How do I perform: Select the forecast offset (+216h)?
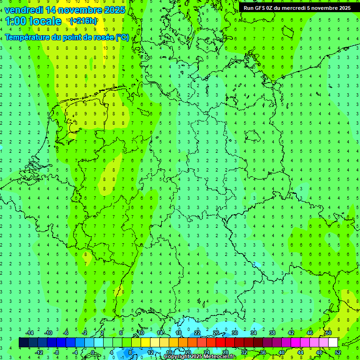(83, 21)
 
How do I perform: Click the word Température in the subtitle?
(30, 37)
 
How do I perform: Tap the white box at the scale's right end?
(333, 342)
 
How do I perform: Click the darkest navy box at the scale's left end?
(23, 342)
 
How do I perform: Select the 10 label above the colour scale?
(141, 333)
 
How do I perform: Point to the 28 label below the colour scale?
(225, 352)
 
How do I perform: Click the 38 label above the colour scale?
(272, 333)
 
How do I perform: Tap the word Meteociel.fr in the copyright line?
(220, 357)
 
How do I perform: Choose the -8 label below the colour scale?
(57, 352)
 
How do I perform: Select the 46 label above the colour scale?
(309, 333)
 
